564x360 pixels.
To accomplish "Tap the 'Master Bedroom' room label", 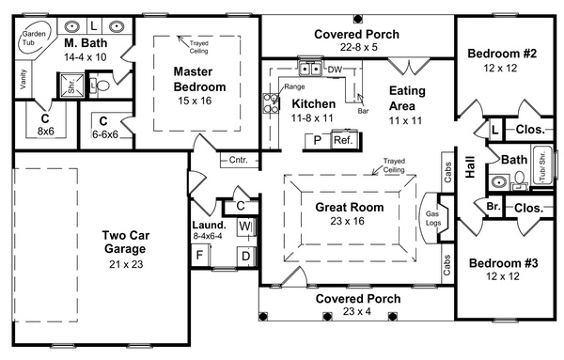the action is click(x=199, y=79).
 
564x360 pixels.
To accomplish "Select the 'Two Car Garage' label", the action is click(x=126, y=243).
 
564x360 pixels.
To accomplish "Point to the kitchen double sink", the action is click(x=309, y=69).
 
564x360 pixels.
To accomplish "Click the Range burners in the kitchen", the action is click(x=271, y=103).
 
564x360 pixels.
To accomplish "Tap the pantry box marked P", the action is click(x=318, y=140).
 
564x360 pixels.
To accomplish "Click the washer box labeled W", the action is click(x=245, y=227).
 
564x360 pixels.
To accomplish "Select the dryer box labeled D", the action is click(x=246, y=256).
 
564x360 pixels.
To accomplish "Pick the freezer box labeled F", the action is click(x=199, y=256).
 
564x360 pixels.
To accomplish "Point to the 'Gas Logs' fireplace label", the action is click(x=433, y=218).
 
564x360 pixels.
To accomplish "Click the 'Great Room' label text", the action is click(x=350, y=207).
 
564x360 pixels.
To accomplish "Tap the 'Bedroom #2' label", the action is click(x=502, y=54).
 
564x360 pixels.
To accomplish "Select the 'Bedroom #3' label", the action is click(x=504, y=263).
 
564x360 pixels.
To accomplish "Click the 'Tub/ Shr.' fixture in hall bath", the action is click(x=542, y=165).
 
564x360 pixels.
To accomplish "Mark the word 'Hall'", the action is click(x=470, y=167).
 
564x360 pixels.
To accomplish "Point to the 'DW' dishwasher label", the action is click(x=335, y=70).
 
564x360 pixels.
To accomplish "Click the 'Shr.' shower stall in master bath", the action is click(x=72, y=86).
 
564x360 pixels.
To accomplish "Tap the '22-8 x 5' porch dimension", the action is click(x=359, y=47).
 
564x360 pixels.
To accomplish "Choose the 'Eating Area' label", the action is click(x=407, y=98).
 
